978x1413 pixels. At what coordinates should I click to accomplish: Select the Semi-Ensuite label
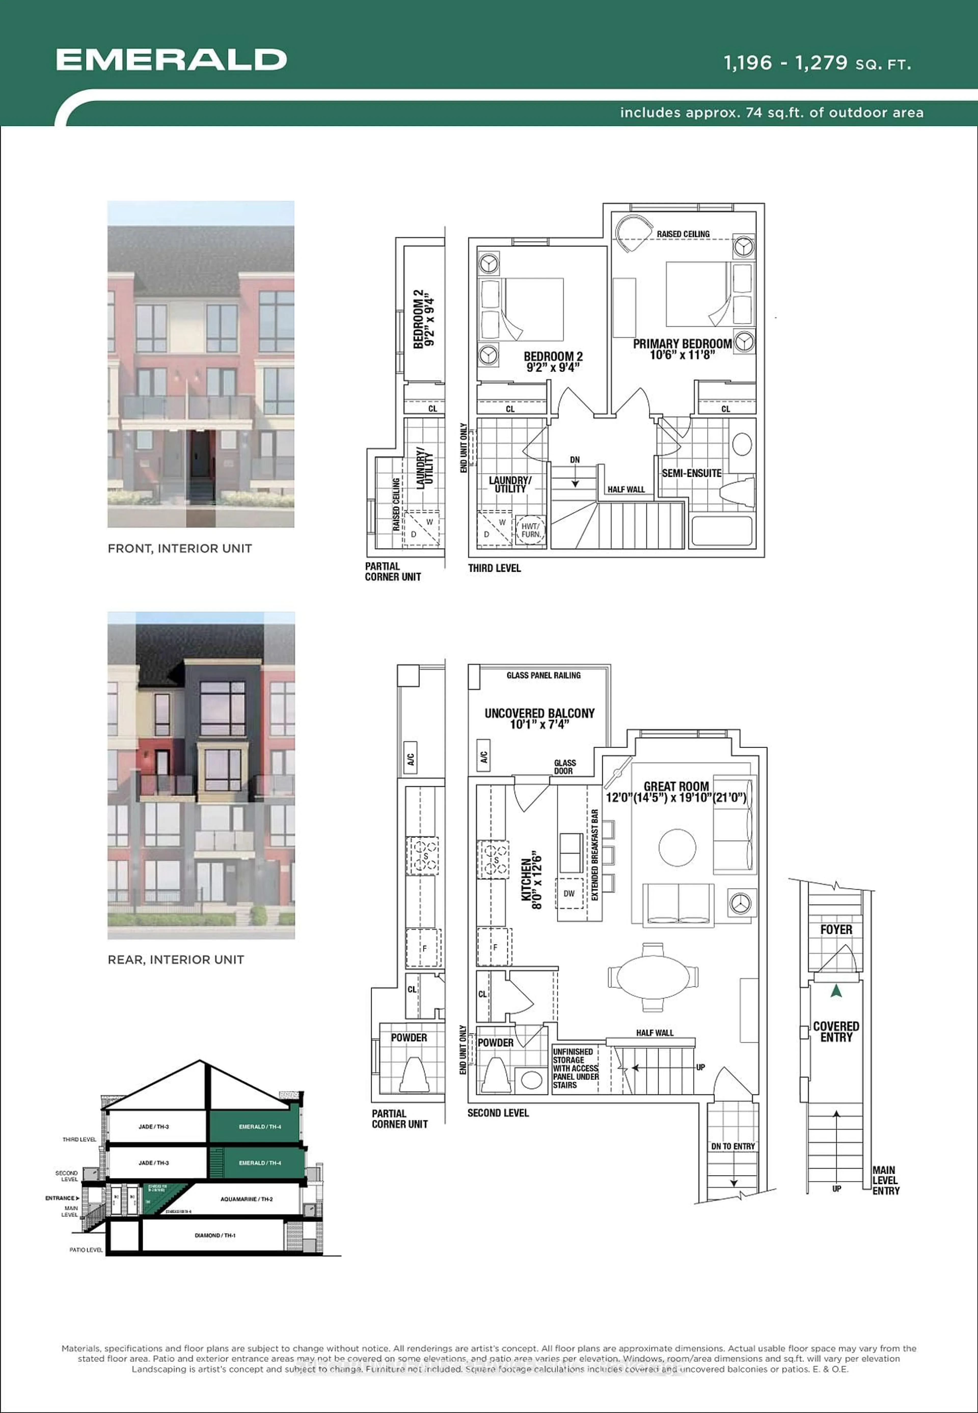click(x=691, y=473)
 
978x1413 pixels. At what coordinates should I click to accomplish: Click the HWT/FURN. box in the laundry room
click(x=530, y=530)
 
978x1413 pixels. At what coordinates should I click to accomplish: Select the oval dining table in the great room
click(x=653, y=975)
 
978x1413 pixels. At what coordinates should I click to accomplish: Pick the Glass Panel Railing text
click(x=544, y=675)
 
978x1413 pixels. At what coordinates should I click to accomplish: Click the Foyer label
click(x=836, y=930)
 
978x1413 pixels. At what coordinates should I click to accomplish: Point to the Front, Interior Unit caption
click(x=180, y=548)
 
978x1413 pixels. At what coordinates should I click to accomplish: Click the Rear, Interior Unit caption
click(x=176, y=960)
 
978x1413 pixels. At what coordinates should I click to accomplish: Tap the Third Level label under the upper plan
click(x=494, y=568)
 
